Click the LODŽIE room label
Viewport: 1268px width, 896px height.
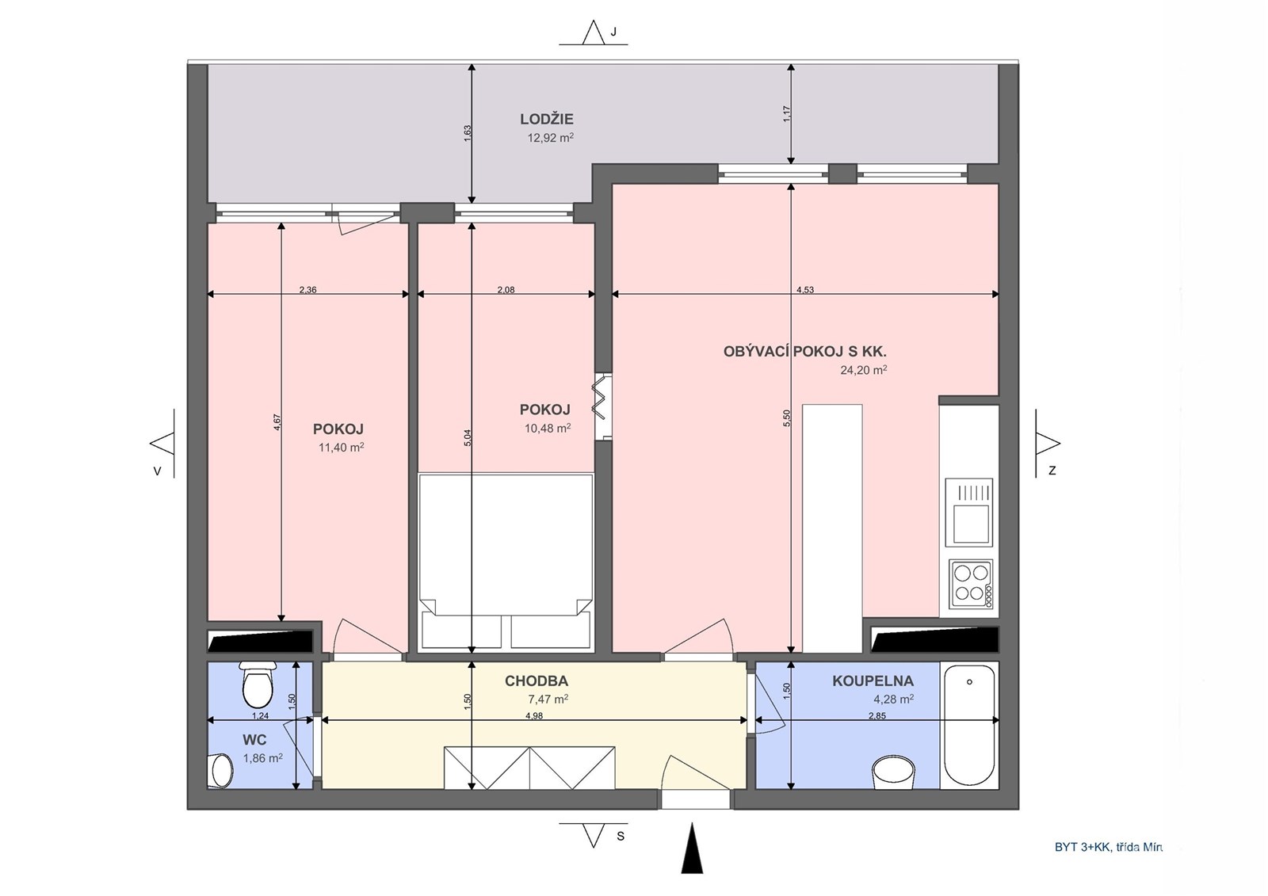tap(547, 119)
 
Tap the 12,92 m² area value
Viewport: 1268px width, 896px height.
tap(551, 138)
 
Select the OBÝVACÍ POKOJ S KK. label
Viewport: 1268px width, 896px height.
tap(805, 352)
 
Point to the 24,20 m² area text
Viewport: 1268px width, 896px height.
tap(864, 370)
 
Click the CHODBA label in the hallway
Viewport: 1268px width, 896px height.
tap(537, 681)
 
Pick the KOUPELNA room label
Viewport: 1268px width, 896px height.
tap(873, 681)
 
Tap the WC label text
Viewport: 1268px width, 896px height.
tap(254, 740)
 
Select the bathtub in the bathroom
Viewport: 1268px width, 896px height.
tap(969, 725)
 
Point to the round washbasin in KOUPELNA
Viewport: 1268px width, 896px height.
tap(894, 773)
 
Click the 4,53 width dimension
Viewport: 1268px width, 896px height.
tap(805, 290)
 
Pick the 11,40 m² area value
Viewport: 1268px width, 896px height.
tap(342, 448)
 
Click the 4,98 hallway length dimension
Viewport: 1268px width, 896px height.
tap(534, 715)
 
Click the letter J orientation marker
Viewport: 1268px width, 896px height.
tap(613, 32)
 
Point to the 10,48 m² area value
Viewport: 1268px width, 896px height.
tap(548, 429)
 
